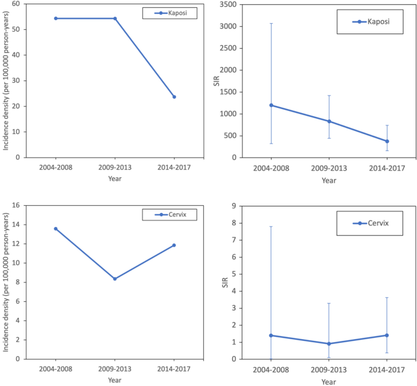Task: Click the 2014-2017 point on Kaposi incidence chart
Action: [x=174, y=97]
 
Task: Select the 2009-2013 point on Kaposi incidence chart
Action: [x=114, y=18]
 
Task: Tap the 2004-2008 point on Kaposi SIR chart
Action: [x=271, y=105]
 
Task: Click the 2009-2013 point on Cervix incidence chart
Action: [x=114, y=279]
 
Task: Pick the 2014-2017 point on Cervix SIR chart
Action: [x=387, y=335]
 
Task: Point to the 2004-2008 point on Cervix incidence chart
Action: [x=55, y=229]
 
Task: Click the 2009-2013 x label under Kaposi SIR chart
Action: [x=329, y=169]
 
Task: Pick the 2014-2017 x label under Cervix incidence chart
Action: [x=174, y=370]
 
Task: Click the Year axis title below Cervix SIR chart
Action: [x=329, y=382]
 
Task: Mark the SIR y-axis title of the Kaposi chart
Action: [x=216, y=80]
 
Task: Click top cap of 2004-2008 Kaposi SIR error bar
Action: [x=271, y=24]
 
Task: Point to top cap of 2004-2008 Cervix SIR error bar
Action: [x=271, y=226]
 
